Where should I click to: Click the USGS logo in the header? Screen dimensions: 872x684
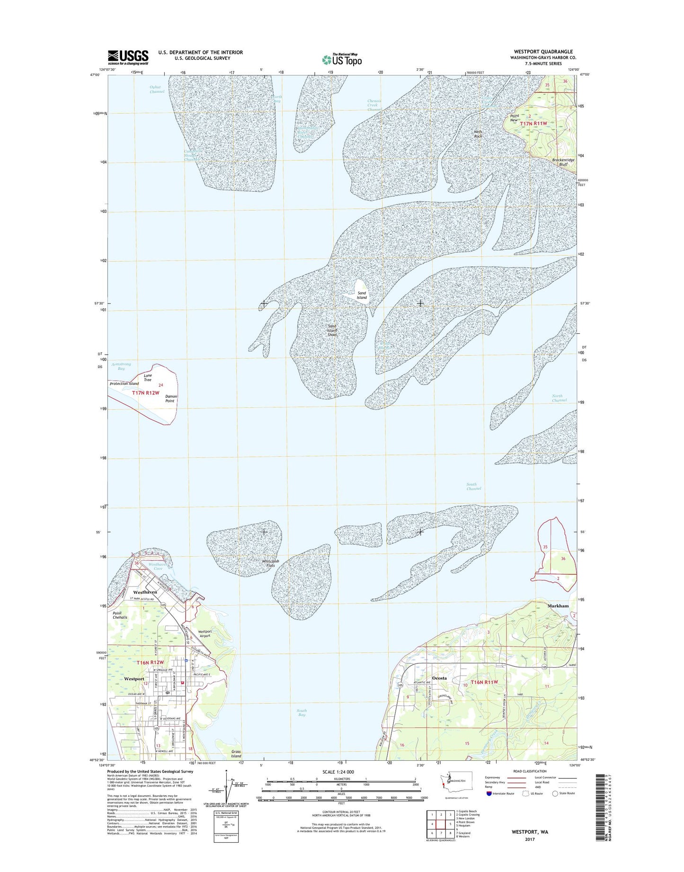click(128, 57)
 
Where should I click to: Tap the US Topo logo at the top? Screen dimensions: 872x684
click(342, 60)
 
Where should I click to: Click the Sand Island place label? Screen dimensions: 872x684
click(362, 295)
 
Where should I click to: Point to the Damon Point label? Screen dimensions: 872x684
click(171, 399)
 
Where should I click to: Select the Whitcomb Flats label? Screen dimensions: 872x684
click(271, 563)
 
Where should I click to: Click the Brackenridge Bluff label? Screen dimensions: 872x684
click(563, 162)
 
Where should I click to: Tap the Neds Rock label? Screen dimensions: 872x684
click(478, 134)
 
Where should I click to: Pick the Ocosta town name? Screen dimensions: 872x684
click(439, 678)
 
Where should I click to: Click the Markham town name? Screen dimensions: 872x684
click(558, 605)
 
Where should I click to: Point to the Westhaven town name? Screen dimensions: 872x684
click(145, 592)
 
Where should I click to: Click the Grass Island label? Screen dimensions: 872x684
click(236, 767)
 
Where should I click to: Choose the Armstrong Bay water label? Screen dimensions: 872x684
click(121, 366)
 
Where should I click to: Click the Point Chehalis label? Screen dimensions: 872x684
click(120, 615)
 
